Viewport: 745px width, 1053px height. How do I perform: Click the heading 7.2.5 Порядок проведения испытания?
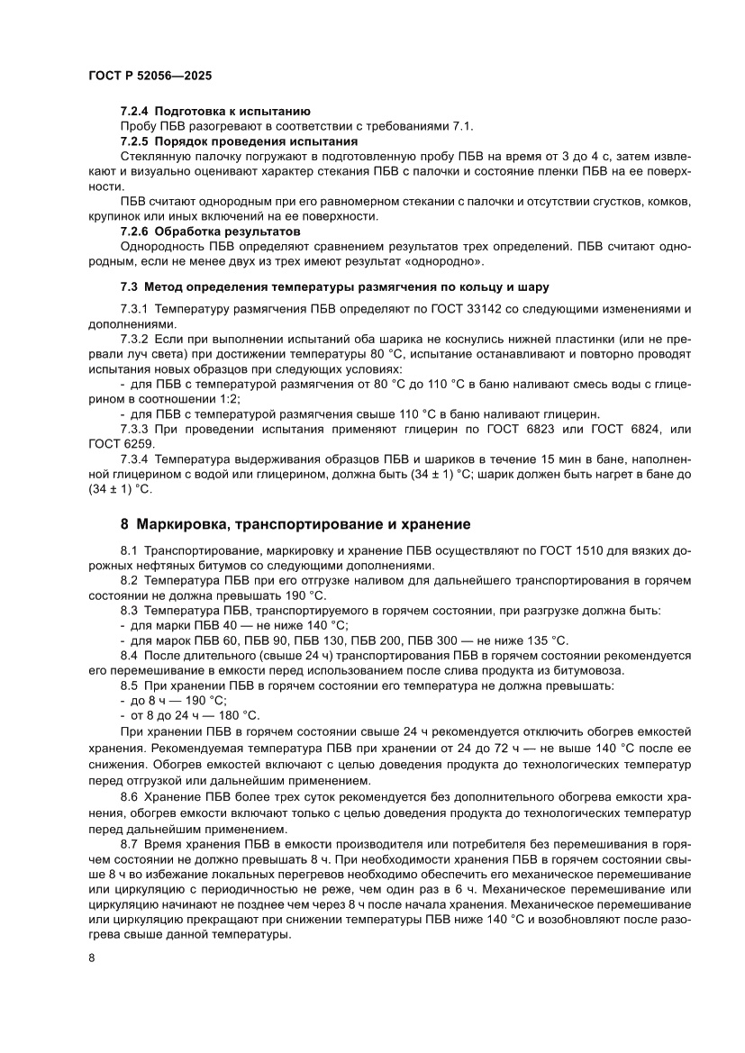pyautogui.click(x=239, y=141)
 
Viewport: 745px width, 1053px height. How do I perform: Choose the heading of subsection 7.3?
pyautogui.click(x=334, y=286)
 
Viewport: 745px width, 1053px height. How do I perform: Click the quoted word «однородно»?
pyautogui.click(x=448, y=261)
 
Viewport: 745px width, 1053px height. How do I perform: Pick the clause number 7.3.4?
pyautogui.click(x=136, y=460)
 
